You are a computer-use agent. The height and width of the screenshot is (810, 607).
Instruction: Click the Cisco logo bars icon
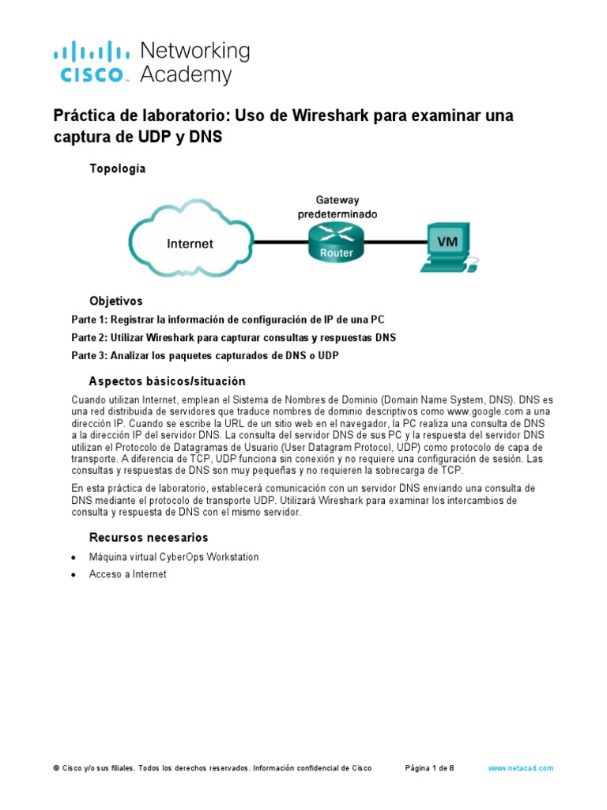[x=92, y=52]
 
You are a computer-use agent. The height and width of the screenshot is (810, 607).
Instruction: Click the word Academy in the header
[x=186, y=75]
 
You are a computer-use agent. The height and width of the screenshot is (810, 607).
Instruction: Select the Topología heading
[x=117, y=168]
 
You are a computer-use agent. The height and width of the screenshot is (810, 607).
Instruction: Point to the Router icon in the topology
[x=336, y=241]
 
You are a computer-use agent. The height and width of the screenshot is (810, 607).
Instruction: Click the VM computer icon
[x=447, y=247]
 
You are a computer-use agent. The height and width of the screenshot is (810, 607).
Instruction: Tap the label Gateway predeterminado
[x=337, y=207]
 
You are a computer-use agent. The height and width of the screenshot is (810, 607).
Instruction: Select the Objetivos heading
[x=116, y=301]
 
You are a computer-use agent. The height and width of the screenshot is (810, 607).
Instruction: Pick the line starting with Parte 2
[x=233, y=338]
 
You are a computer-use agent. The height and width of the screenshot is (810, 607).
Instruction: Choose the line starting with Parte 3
[x=205, y=356]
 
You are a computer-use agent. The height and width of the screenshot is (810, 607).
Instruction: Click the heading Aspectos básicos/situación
[x=168, y=381]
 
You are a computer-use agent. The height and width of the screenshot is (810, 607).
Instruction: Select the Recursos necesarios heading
[x=149, y=538]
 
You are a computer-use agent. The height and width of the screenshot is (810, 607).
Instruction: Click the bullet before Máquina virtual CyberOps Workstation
[x=74, y=558]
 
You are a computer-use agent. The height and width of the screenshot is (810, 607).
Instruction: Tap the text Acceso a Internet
[x=128, y=574]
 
